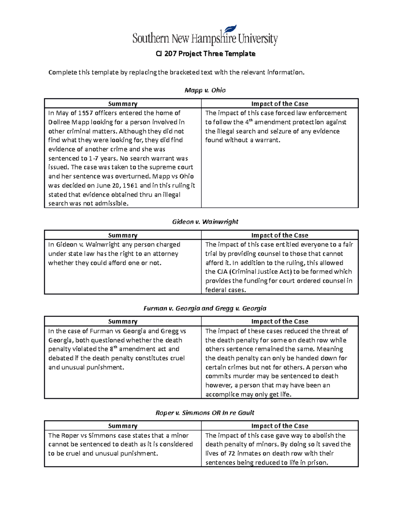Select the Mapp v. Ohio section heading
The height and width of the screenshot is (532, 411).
click(x=205, y=90)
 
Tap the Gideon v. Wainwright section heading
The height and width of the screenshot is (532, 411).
click(x=205, y=222)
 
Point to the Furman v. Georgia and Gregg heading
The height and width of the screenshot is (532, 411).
click(x=205, y=308)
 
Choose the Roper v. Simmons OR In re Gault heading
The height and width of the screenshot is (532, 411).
click(x=205, y=413)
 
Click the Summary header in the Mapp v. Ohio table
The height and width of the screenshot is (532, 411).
click(x=123, y=104)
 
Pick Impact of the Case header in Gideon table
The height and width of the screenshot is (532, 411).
click(x=279, y=235)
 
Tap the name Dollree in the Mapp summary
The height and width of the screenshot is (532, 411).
click(x=58, y=122)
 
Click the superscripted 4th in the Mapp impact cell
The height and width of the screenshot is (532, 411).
click(x=249, y=122)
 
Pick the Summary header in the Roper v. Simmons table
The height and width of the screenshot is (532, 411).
click(x=123, y=426)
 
